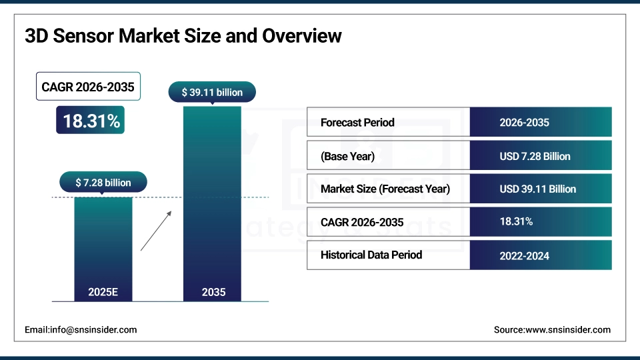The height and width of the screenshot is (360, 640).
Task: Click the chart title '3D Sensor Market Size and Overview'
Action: pyautogui.click(x=183, y=35)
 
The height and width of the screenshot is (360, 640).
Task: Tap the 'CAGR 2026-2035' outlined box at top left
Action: pyautogui.click(x=88, y=87)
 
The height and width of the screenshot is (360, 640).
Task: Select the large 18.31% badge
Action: pyautogui.click(x=91, y=121)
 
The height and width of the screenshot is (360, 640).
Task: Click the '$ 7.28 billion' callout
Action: pyautogui.click(x=103, y=182)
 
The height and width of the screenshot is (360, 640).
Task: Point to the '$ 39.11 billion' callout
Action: pyautogui.click(x=212, y=93)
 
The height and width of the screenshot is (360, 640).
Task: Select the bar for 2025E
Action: pyautogui.click(x=103, y=240)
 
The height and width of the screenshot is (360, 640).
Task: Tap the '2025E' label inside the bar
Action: pyautogui.click(x=103, y=292)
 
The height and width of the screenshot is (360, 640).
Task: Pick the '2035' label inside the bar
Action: pyautogui.click(x=213, y=292)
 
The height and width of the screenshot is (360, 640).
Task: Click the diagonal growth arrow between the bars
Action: pyautogui.click(x=156, y=231)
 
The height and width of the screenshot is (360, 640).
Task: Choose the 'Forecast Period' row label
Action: pyautogui.click(x=357, y=123)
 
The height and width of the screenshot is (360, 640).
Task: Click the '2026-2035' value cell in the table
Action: pyautogui.click(x=524, y=123)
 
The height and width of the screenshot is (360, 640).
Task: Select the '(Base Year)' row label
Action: pyautogui.click(x=347, y=156)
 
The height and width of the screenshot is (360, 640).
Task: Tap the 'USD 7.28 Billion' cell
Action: pyautogui.click(x=535, y=156)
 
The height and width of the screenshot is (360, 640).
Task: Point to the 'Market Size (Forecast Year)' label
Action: pyautogui.click(x=385, y=189)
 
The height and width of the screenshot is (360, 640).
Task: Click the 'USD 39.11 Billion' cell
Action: pyautogui.click(x=537, y=189)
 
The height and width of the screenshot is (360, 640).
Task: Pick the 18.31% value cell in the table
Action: pyautogui.click(x=516, y=221)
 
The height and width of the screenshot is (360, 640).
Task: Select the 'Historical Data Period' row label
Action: pyautogui.click(x=371, y=255)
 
